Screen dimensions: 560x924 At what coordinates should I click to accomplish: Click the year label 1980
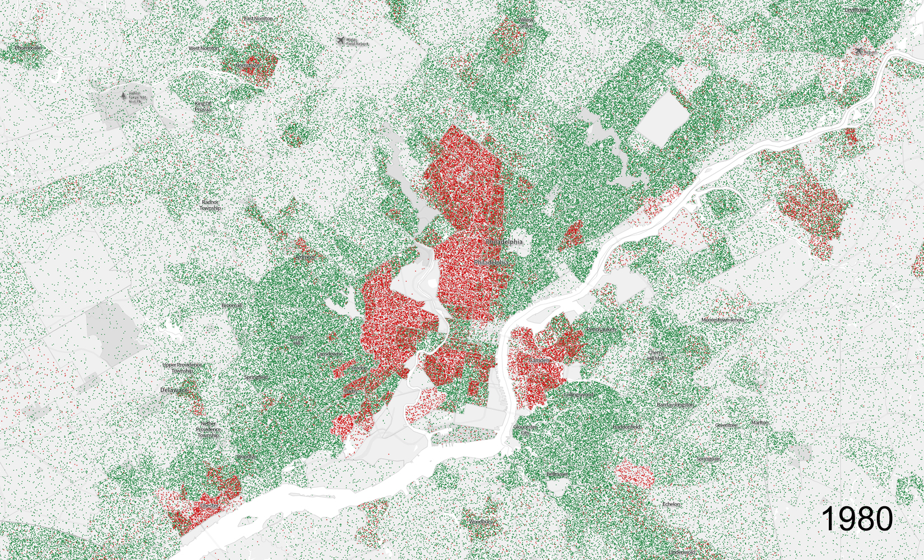point(857,519)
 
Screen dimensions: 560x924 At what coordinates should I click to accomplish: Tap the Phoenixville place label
point(27,48)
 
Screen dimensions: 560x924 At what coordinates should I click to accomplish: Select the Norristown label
point(247,66)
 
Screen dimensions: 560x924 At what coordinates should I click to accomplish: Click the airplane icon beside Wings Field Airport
point(340,41)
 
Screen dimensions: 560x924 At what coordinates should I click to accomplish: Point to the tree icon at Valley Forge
point(123,96)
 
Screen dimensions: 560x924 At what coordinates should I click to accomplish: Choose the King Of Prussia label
point(203,106)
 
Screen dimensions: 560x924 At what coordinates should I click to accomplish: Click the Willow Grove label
point(526,23)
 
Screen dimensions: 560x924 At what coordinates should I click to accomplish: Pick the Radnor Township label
point(210,205)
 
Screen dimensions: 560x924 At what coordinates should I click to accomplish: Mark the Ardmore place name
point(305,258)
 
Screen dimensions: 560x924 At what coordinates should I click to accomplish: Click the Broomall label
point(232,306)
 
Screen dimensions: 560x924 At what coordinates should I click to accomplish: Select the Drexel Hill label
point(297,340)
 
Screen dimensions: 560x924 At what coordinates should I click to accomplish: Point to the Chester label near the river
point(209,506)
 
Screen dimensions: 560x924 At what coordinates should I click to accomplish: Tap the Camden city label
point(540,360)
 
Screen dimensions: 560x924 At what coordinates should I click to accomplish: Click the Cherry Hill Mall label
point(656,356)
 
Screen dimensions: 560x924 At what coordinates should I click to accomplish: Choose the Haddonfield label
point(627,427)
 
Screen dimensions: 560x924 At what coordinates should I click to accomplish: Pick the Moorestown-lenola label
point(723,320)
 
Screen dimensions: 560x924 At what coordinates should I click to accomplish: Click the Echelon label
point(671,504)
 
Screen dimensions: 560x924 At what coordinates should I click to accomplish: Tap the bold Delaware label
point(175,390)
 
